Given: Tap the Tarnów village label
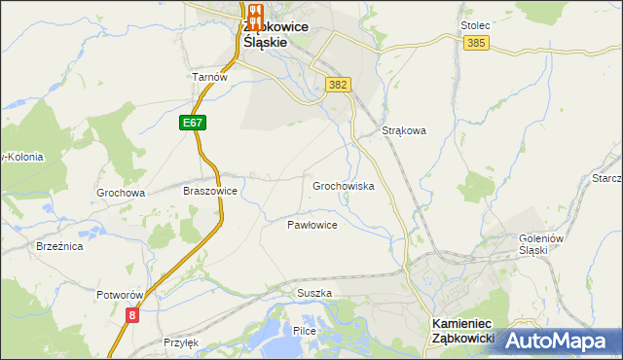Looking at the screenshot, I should [x=209, y=78].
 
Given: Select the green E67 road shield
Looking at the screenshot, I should [x=193, y=124].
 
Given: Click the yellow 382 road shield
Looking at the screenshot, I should [x=338, y=85].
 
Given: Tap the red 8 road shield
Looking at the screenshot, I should [x=131, y=314].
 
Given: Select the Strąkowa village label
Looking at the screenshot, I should [x=404, y=129].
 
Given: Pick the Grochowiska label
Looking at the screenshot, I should [x=343, y=185].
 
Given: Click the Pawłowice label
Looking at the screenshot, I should [x=311, y=225].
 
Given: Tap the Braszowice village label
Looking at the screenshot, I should [x=210, y=192].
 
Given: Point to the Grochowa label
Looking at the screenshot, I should [x=121, y=193].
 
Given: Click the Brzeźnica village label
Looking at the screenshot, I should [x=59, y=247].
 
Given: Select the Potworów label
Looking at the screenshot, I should [x=121, y=294].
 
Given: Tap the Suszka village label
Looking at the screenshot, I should [x=314, y=293].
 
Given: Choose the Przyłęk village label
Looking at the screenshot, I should [x=181, y=342].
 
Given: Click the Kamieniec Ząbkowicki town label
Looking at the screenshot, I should [x=462, y=331].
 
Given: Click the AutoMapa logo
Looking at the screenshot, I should [x=558, y=340].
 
